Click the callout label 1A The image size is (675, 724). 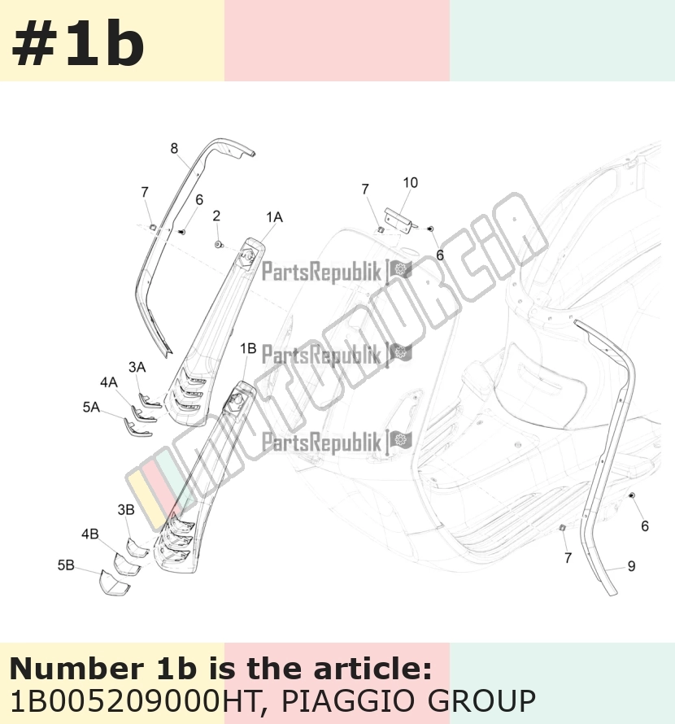274,216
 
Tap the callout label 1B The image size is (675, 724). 248,348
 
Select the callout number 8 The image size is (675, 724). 174,148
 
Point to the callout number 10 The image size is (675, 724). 411,182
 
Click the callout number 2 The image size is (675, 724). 216,216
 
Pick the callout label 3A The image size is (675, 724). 137,367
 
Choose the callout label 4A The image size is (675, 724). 109,382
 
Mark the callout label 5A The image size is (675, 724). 91,407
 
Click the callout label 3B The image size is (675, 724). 126,509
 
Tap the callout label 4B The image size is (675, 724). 90,534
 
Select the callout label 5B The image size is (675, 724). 66,565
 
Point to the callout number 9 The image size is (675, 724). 632,565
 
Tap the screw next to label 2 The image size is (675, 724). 219,244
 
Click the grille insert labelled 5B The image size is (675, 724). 115,582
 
